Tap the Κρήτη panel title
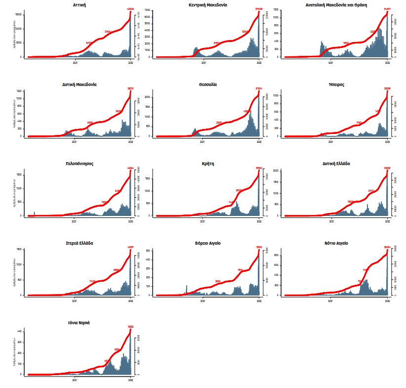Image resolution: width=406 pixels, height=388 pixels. [208, 164]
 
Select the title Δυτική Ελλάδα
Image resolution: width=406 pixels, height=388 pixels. [336, 164]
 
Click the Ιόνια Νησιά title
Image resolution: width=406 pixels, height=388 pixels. [79, 323]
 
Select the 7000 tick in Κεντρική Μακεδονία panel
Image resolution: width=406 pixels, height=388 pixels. [147, 10]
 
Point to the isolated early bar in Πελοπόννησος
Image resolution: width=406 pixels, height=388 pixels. [34, 214]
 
